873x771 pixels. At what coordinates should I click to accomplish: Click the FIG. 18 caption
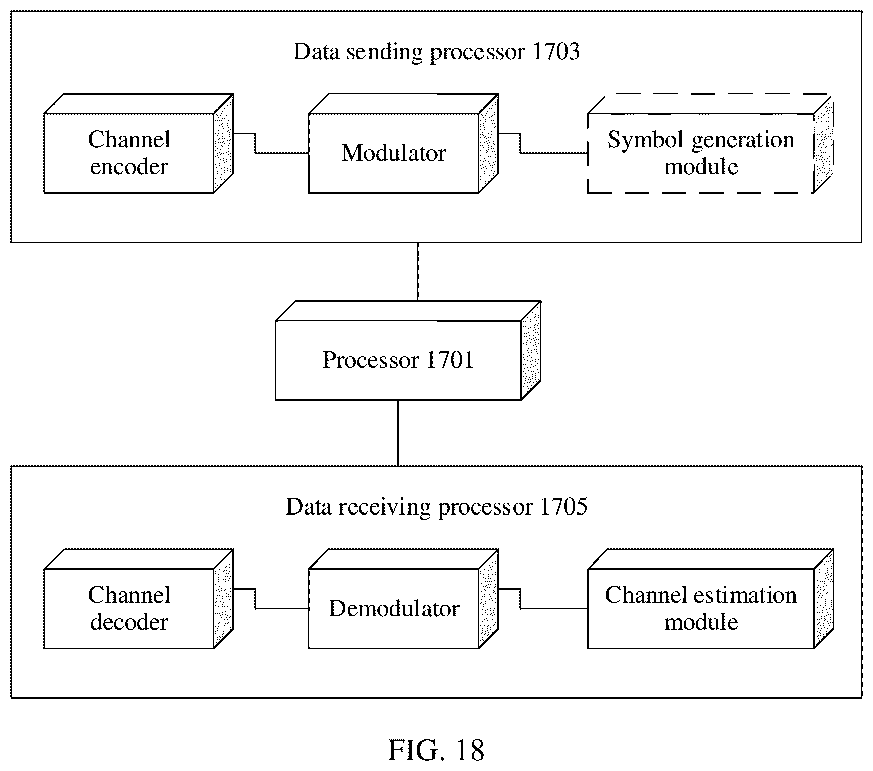click(436, 750)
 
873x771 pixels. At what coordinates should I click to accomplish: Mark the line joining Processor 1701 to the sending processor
click(418, 272)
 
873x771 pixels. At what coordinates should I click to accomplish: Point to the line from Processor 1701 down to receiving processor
click(398, 433)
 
